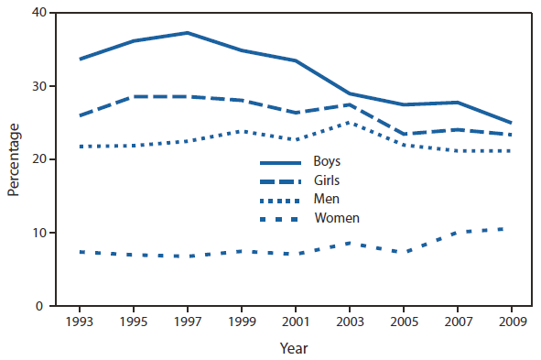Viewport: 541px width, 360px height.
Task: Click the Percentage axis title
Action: tap(14, 159)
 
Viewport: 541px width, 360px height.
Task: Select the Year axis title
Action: tap(295, 348)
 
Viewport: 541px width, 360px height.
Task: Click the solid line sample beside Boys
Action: tap(283, 162)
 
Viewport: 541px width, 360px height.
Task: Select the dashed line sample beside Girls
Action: tap(283, 180)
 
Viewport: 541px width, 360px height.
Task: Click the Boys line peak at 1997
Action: tap(188, 33)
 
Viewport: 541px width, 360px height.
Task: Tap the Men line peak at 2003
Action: tap(349, 122)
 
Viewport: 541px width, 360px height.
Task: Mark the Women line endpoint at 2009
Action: tap(510, 228)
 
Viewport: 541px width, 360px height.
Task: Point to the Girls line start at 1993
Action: tap(81, 115)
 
